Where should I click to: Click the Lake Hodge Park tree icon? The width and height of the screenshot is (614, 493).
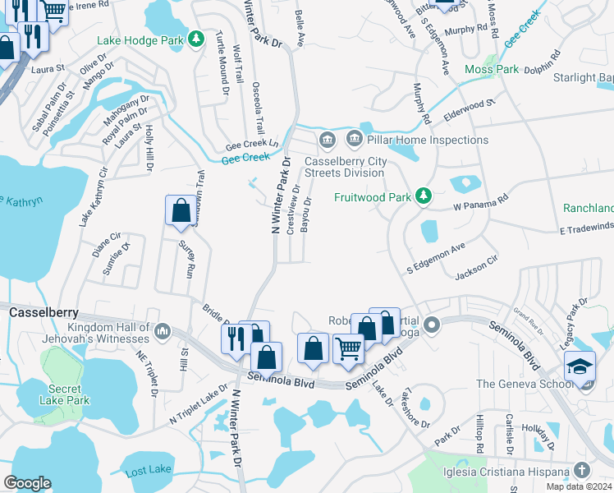(x=196, y=39)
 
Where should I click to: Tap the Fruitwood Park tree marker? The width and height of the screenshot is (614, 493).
(x=423, y=196)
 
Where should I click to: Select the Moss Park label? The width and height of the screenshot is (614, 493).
(x=492, y=70)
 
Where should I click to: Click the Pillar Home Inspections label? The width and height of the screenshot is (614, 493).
(x=428, y=141)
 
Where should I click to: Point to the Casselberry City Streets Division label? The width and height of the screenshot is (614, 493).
(x=345, y=167)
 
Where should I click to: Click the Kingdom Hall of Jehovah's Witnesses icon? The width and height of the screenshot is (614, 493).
(x=162, y=331)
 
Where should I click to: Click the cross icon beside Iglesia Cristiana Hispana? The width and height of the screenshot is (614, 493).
(x=582, y=471)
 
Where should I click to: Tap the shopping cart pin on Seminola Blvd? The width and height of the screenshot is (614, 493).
(x=348, y=348)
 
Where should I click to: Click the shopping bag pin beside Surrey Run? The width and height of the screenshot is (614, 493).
(x=180, y=210)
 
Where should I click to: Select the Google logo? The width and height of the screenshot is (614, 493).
(x=27, y=483)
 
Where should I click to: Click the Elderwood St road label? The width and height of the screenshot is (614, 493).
(x=471, y=108)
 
